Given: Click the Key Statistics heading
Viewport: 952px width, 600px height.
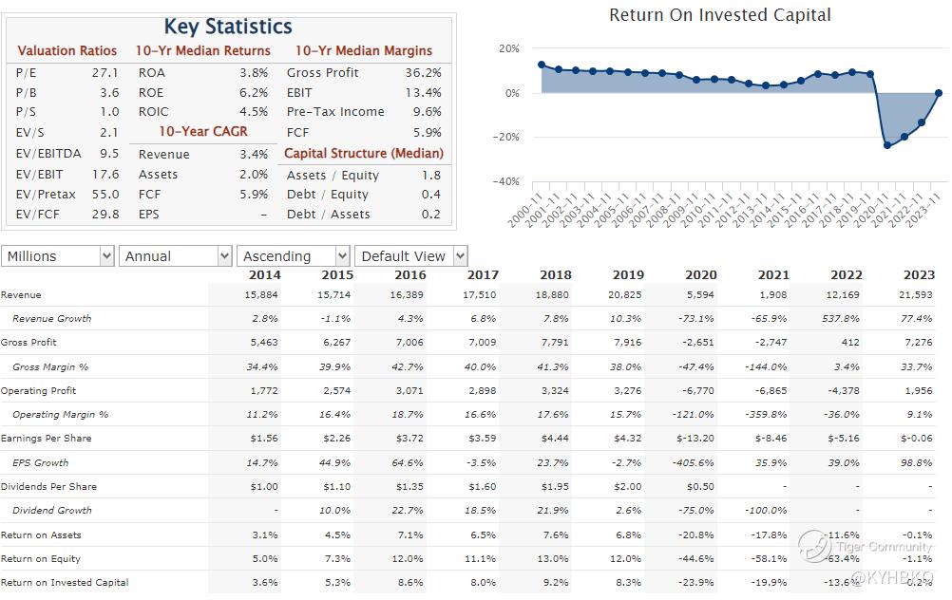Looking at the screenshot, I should (x=228, y=27).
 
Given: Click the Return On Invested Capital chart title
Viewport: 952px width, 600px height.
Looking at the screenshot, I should (x=719, y=15).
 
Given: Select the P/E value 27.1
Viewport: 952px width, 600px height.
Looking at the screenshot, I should (x=105, y=73).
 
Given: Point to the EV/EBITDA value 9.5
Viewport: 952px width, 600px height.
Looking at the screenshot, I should (x=109, y=154).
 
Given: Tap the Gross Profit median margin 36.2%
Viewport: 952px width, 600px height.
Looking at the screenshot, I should (x=423, y=73).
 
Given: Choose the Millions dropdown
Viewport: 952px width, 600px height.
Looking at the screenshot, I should (x=58, y=256).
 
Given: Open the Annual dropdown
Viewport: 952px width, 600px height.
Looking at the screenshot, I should (x=176, y=256).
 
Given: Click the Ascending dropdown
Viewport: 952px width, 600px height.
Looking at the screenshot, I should (x=294, y=256).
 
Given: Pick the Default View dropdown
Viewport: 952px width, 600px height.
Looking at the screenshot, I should (x=411, y=256).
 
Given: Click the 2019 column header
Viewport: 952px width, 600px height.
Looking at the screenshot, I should (x=628, y=275).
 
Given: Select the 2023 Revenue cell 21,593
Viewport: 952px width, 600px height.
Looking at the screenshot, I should (x=916, y=295).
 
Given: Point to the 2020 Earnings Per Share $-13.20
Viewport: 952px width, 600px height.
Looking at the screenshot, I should (x=695, y=439).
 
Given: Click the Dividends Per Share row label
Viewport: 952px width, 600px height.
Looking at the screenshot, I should (x=48, y=487).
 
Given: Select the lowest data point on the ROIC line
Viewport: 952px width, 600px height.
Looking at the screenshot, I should (x=887, y=145).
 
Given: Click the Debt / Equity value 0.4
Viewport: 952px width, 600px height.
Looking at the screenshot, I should (x=431, y=195).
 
